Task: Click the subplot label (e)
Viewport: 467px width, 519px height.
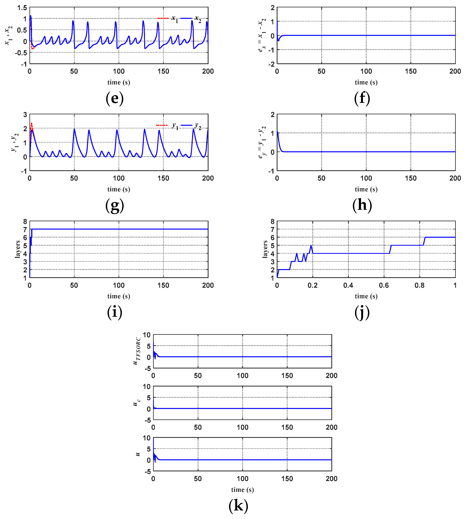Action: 115,98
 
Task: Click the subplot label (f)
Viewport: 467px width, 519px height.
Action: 362,98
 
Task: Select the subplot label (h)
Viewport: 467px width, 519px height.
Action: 362,205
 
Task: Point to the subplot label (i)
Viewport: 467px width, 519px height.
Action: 115,312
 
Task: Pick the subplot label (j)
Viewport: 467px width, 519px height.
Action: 362,312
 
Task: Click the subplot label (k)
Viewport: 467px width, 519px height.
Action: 238,506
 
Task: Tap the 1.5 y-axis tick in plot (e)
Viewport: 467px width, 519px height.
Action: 22,8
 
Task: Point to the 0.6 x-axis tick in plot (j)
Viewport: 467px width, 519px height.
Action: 384,285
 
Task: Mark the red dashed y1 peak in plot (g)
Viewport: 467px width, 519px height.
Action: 31,124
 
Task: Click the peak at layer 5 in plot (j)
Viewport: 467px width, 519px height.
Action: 311,245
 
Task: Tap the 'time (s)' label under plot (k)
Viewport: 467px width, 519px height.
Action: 242,490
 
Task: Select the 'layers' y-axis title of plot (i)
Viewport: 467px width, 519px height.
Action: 17,249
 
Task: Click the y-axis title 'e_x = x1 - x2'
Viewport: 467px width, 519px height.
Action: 262,35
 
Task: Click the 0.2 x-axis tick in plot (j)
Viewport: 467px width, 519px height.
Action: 313,285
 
